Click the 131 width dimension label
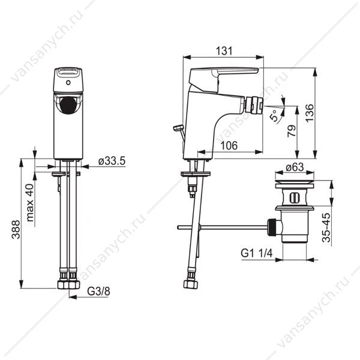224,51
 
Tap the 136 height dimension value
309,113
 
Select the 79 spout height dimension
292,131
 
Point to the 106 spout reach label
229,146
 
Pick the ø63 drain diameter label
295,167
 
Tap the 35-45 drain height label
326,227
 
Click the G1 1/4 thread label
256,253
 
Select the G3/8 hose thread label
98,292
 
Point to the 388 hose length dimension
16,229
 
